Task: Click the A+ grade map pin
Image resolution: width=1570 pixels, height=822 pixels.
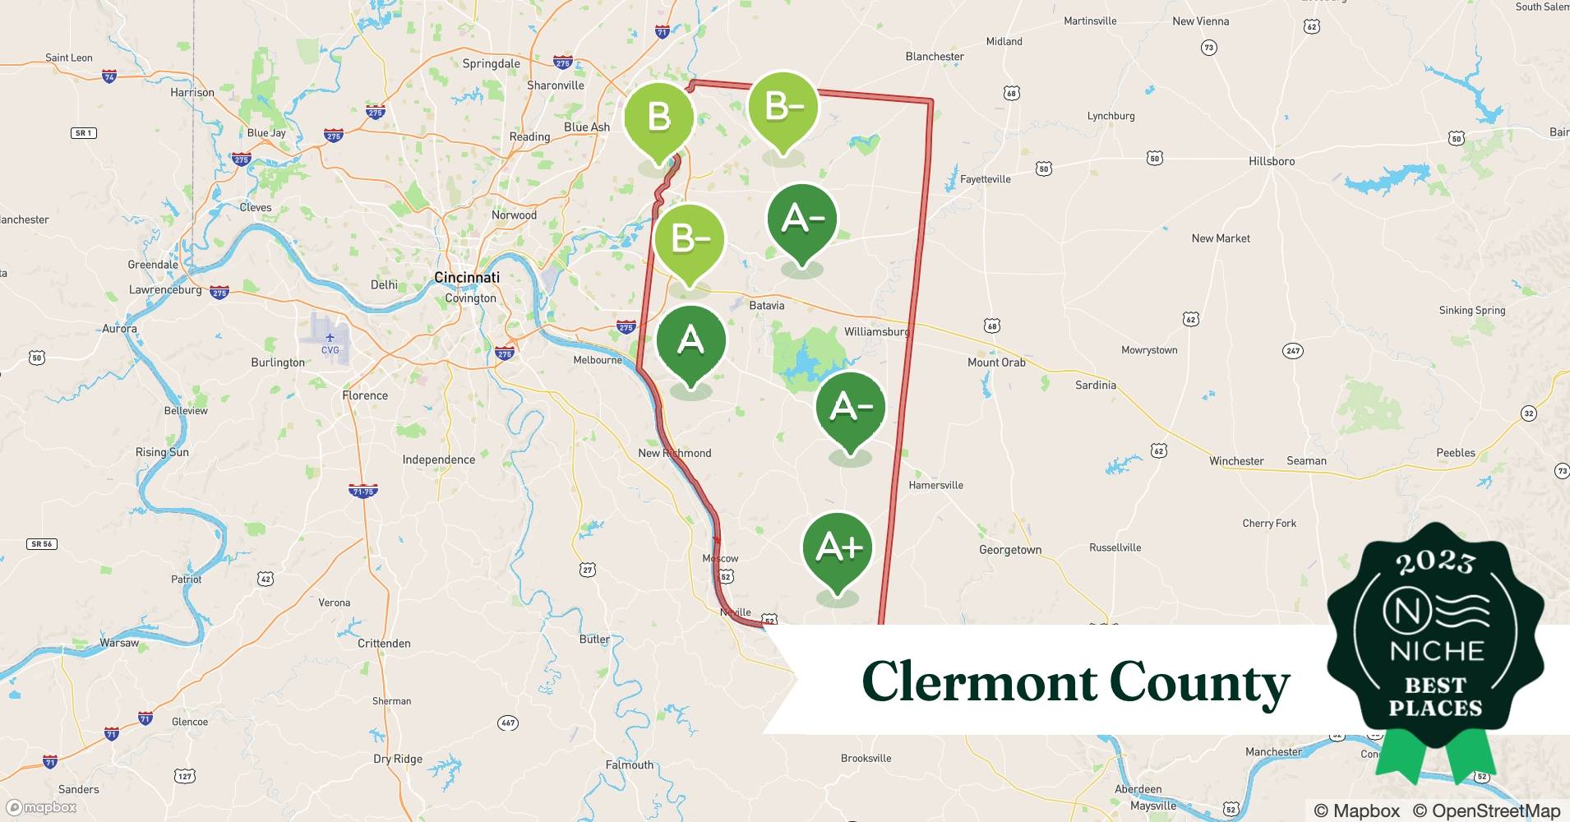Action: point(838,547)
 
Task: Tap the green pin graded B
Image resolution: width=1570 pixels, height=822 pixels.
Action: point(658,118)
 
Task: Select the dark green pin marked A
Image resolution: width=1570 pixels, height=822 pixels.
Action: point(690,340)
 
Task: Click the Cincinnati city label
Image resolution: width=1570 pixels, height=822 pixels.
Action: point(466,278)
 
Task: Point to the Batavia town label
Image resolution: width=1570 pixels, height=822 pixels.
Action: point(766,306)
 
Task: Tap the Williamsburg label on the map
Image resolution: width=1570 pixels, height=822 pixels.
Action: point(876,332)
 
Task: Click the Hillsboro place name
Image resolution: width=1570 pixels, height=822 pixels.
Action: point(1271,162)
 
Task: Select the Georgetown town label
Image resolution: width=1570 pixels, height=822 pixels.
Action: point(1009,551)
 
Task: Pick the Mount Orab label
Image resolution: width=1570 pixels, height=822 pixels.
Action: point(995,363)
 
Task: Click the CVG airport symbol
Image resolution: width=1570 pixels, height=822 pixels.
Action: point(330,339)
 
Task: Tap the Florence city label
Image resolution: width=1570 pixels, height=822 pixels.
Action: point(365,396)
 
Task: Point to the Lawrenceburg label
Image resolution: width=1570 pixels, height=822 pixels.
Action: point(165,290)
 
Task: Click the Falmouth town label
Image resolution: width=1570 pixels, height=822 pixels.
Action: point(629,765)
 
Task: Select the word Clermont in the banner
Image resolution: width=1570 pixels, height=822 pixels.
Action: point(978,682)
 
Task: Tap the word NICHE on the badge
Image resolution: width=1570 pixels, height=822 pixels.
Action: point(1436,652)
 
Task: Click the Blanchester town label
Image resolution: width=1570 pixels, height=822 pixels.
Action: point(934,57)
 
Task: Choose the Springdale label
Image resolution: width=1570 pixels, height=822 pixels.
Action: point(491,64)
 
